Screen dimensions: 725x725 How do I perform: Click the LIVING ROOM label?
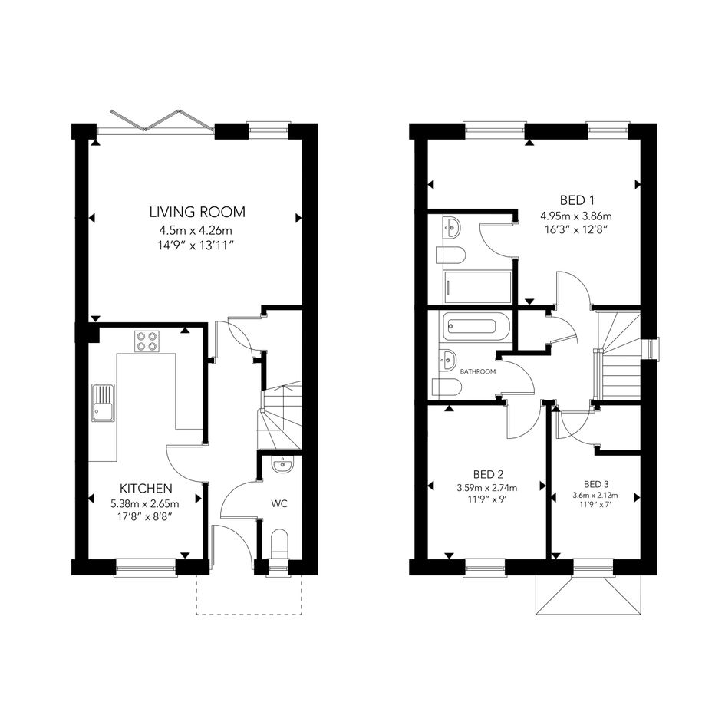(197, 213)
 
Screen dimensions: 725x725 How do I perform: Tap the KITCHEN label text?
(146, 488)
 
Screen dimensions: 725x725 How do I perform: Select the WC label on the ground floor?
(279, 503)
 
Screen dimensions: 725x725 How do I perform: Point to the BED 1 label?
(577, 200)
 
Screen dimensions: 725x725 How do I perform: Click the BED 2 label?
(488, 474)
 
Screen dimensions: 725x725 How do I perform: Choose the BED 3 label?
(596, 485)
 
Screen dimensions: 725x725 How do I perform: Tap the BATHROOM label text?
(478, 371)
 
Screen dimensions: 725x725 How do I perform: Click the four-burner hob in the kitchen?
(147, 341)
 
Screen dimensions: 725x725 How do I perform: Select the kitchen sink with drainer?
(103, 403)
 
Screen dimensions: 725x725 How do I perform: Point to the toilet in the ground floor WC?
(278, 545)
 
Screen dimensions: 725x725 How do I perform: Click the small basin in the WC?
(282, 465)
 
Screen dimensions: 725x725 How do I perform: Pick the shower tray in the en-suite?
(478, 287)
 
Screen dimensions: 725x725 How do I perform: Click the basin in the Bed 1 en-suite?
(451, 227)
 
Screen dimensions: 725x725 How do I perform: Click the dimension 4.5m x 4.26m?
(196, 230)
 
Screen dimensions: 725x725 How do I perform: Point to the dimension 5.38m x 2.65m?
(145, 503)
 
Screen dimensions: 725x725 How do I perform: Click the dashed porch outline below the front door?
(249, 595)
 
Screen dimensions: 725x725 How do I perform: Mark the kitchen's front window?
(146, 568)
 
